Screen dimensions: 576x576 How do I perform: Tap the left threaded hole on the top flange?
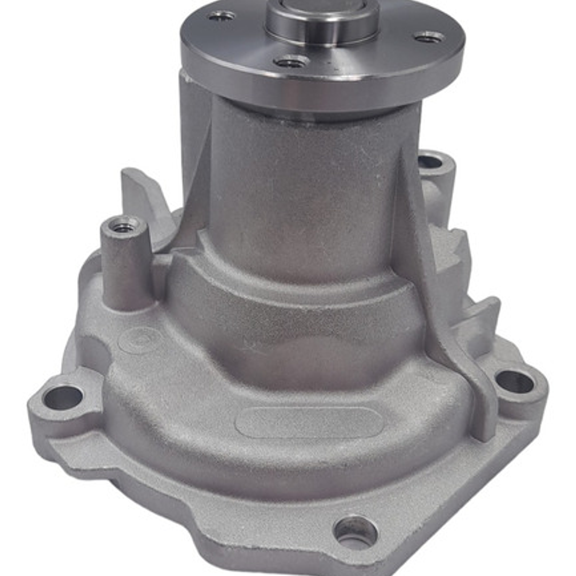pyautogui.click(x=222, y=16)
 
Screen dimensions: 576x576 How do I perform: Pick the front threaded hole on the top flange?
pyautogui.click(x=291, y=62)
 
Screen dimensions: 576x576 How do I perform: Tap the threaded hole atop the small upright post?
pyautogui.click(x=124, y=227)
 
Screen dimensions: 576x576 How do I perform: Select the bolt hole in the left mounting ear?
pyautogui.click(x=63, y=397)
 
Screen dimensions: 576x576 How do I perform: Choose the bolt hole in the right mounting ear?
pyautogui.click(x=515, y=381)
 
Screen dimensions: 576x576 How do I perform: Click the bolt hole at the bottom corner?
pyautogui.click(x=355, y=531)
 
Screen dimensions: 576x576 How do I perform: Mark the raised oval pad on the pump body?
pyautogui.click(x=309, y=423)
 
